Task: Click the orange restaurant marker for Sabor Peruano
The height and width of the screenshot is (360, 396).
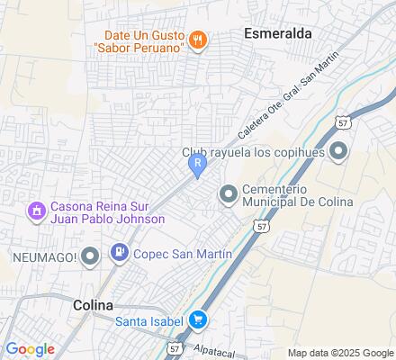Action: [x=198, y=40]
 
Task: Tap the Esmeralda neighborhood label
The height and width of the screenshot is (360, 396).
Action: [x=277, y=33]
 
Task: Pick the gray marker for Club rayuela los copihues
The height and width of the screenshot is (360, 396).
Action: [x=338, y=150]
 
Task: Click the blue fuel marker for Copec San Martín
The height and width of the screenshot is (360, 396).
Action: [x=118, y=255]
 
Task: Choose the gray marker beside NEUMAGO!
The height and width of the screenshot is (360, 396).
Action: [x=88, y=258]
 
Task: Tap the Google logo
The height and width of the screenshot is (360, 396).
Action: [x=30, y=348]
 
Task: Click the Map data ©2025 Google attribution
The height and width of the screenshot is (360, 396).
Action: [x=340, y=353]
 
